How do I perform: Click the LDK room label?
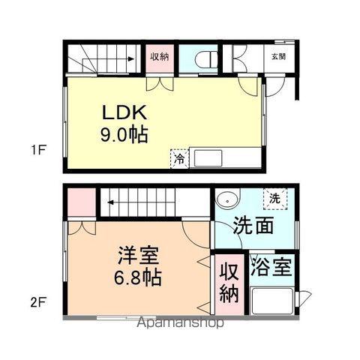pyautogui.click(x=124, y=112)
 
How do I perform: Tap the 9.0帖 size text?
pyautogui.click(x=124, y=135)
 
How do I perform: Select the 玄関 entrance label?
pyautogui.click(x=278, y=57)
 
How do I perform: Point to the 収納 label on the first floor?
pyautogui.click(x=160, y=57)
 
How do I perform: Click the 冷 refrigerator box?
pyautogui.click(x=179, y=159)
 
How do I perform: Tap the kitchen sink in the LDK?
pyautogui.click(x=208, y=158)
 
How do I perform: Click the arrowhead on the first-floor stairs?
pyautogui.click(x=130, y=59)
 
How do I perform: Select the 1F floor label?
pyautogui.click(x=38, y=150)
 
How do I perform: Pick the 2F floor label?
pyautogui.click(x=38, y=303)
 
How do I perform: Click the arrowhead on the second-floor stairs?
pyautogui.click(x=110, y=202)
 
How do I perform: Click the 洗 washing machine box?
pyautogui.click(x=275, y=199)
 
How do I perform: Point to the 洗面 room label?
pyautogui.click(x=253, y=225)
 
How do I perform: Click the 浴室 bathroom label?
pyautogui.click(x=271, y=267)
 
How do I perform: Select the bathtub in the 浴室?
pyautogui.click(x=271, y=301)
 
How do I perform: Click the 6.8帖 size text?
pyautogui.click(x=138, y=277)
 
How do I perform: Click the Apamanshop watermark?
pyautogui.click(x=181, y=322)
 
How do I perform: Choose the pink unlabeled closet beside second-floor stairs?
pyautogui.click(x=82, y=202)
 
